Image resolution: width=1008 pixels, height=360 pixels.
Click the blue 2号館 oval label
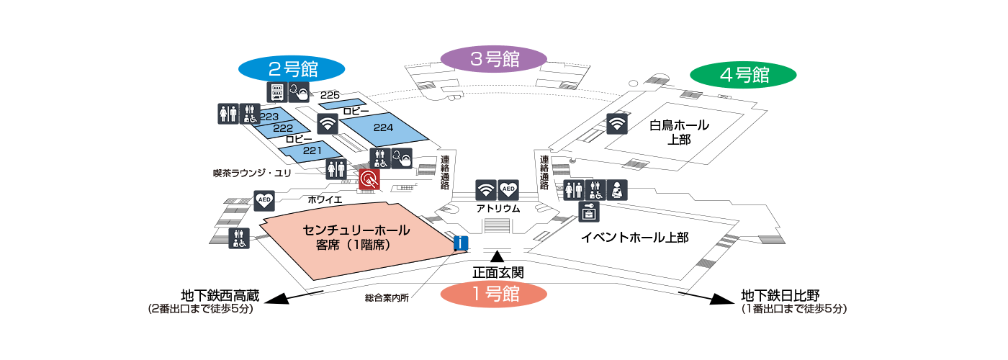(292, 69)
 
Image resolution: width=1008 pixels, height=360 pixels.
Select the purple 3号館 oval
(494, 59)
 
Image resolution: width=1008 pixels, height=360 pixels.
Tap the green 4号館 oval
(743, 75)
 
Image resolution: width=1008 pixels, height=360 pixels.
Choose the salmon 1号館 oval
(494, 294)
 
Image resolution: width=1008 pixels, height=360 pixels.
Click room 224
(383, 129)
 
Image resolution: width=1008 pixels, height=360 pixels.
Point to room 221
(311, 151)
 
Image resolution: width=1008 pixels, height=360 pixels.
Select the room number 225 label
(330, 95)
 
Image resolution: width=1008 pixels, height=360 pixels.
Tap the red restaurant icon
(369, 179)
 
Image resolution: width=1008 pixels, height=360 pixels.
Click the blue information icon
(461, 243)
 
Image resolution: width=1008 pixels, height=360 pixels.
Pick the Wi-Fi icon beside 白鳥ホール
(617, 124)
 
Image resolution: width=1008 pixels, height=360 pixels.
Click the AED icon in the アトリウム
(508, 190)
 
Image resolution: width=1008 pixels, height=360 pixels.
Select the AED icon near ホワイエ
(264, 201)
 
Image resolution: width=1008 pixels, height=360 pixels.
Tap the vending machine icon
(277, 92)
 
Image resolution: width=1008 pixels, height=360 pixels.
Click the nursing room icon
(617, 190)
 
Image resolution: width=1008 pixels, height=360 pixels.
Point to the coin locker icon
(589, 212)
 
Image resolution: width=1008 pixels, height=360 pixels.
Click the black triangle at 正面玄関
(498, 256)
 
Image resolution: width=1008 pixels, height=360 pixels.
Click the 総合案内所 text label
(387, 298)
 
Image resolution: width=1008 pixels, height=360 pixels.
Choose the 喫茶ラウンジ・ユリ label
(252, 174)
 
